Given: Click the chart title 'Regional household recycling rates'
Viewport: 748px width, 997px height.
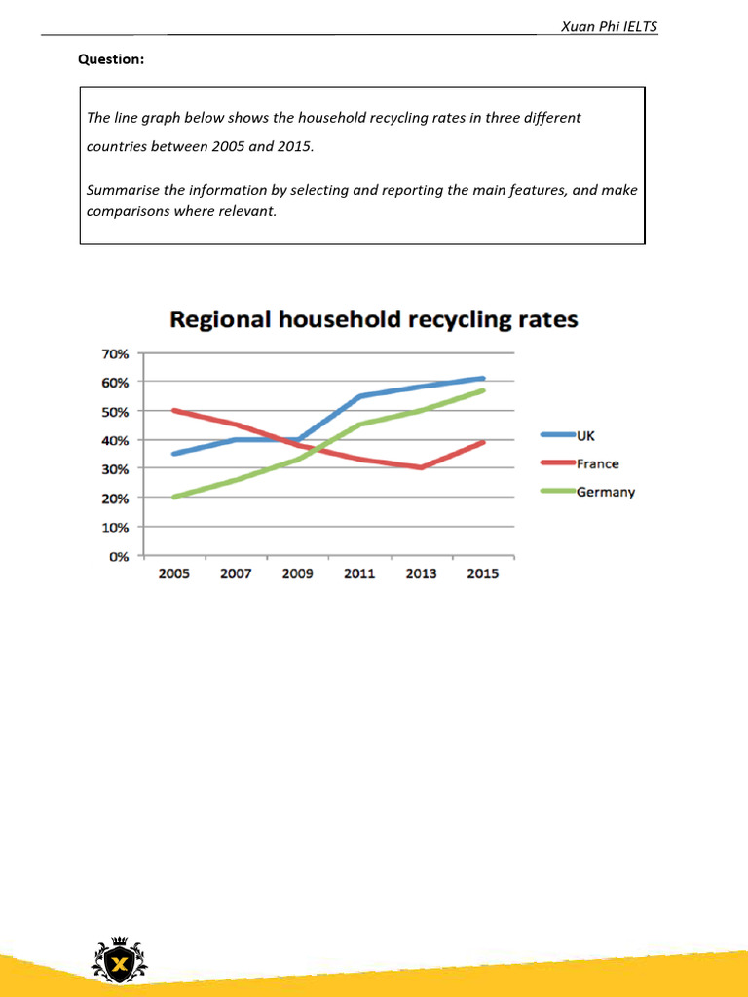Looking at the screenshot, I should click(x=374, y=319).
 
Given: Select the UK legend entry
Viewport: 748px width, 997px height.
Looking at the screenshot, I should click(x=586, y=435).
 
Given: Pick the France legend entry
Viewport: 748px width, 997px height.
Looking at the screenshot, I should click(x=597, y=463).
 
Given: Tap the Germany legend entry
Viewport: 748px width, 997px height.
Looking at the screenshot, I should click(x=605, y=492).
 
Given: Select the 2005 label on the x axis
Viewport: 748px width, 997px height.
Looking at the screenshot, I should click(x=173, y=573).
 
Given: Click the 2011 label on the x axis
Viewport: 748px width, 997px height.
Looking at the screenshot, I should click(x=359, y=573).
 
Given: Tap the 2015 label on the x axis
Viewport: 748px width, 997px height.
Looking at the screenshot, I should click(x=483, y=573).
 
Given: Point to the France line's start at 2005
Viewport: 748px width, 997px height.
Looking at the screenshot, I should click(x=173, y=410).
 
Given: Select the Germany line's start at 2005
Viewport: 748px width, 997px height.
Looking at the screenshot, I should click(x=173, y=497).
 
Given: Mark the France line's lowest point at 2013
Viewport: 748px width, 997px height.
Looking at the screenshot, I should click(x=421, y=467).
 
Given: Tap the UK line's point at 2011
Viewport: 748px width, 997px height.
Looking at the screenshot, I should click(x=359, y=396).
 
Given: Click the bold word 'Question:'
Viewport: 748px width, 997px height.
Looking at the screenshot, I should click(x=111, y=60).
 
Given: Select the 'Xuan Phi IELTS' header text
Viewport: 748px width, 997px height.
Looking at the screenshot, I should click(x=610, y=26).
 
